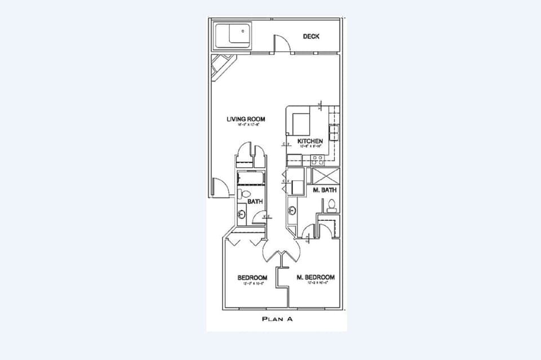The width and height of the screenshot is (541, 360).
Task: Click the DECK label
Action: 311,37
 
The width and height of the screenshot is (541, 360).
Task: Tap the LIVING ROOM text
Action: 246,119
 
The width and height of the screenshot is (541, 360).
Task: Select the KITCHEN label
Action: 310,141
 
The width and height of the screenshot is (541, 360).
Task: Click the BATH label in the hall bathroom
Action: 255,201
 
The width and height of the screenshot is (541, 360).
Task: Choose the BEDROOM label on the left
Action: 252,278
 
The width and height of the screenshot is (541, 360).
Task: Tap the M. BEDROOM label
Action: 316,277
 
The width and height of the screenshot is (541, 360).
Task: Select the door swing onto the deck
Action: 282,44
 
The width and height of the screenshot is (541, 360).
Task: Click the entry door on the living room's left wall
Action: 220,187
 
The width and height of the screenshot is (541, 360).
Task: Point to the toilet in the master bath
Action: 332,205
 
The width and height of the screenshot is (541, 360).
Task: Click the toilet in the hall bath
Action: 241,194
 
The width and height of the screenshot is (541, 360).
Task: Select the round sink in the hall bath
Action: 242,214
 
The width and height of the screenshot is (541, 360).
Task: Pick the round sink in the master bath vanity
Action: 292,211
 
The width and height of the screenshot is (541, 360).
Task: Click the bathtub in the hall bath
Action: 250,179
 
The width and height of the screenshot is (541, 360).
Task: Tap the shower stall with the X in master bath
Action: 327,175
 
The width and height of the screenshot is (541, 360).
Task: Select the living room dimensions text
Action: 246,126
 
